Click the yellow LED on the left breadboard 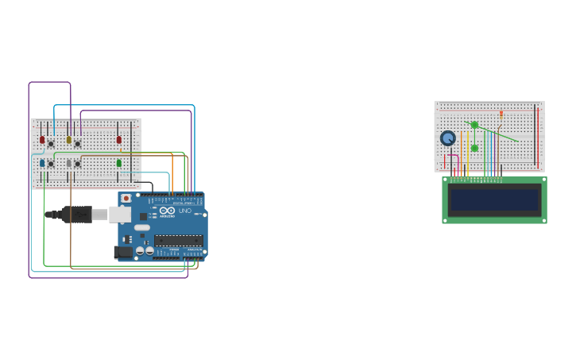point(69,140)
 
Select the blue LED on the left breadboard point(42,163)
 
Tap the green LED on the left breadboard point(119,163)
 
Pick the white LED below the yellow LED point(69,163)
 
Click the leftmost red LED point(42,140)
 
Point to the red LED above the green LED point(119,140)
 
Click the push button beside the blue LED point(51,164)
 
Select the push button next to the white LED point(78,164)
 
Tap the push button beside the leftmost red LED point(51,143)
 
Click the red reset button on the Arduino point(126,198)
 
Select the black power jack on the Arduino point(124,253)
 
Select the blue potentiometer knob point(448,138)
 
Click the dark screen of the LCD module point(494,199)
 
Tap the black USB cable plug point(75,214)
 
